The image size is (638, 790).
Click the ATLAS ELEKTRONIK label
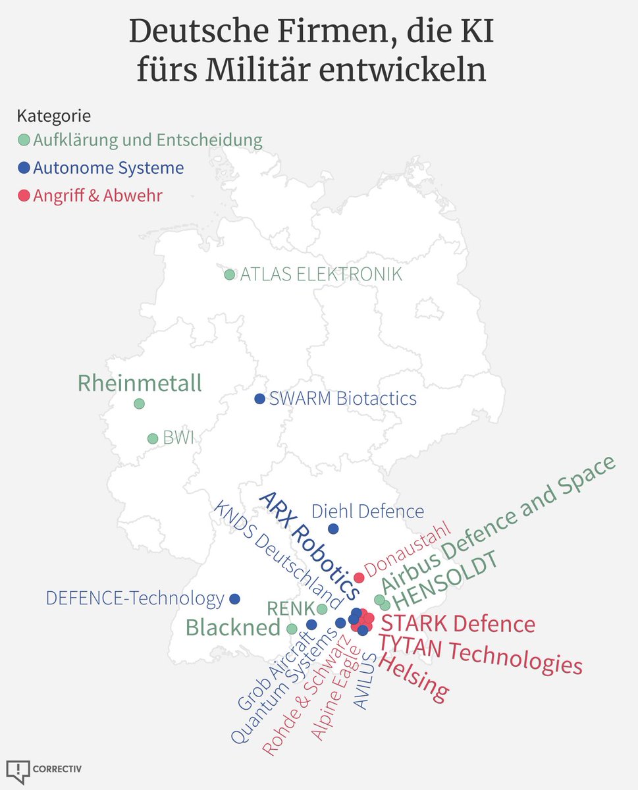point(321,274)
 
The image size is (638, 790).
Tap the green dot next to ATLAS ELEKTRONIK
point(229,275)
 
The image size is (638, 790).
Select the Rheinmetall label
point(140,383)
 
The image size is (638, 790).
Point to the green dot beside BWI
point(153,438)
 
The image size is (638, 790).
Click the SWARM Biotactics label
point(342,398)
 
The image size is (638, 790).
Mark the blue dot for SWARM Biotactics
point(259,398)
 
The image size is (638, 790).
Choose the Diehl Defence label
point(367,511)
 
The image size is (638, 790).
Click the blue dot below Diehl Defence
point(333,529)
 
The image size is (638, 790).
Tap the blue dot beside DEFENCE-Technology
point(234,598)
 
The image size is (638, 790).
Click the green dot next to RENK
point(322,609)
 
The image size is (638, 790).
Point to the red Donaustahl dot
point(359,577)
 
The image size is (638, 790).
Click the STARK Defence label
point(458,623)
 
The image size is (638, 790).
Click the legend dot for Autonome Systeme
point(24,168)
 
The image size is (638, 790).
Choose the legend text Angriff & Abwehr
point(97,196)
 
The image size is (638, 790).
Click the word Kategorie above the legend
point(53,116)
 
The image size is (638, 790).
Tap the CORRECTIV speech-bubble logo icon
point(18,771)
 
